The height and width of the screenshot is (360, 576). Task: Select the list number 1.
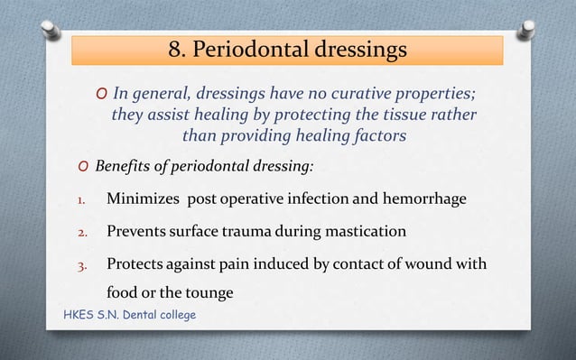click(79, 199)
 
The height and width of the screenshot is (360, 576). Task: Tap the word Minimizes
click(139, 198)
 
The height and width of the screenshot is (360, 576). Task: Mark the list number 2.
click(79, 233)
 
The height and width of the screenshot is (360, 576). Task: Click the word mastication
click(363, 232)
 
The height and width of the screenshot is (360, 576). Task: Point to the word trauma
click(256, 232)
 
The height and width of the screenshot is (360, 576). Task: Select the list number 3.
click(79, 266)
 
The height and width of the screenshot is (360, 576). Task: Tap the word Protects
click(135, 265)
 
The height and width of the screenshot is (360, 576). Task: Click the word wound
click(425, 265)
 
